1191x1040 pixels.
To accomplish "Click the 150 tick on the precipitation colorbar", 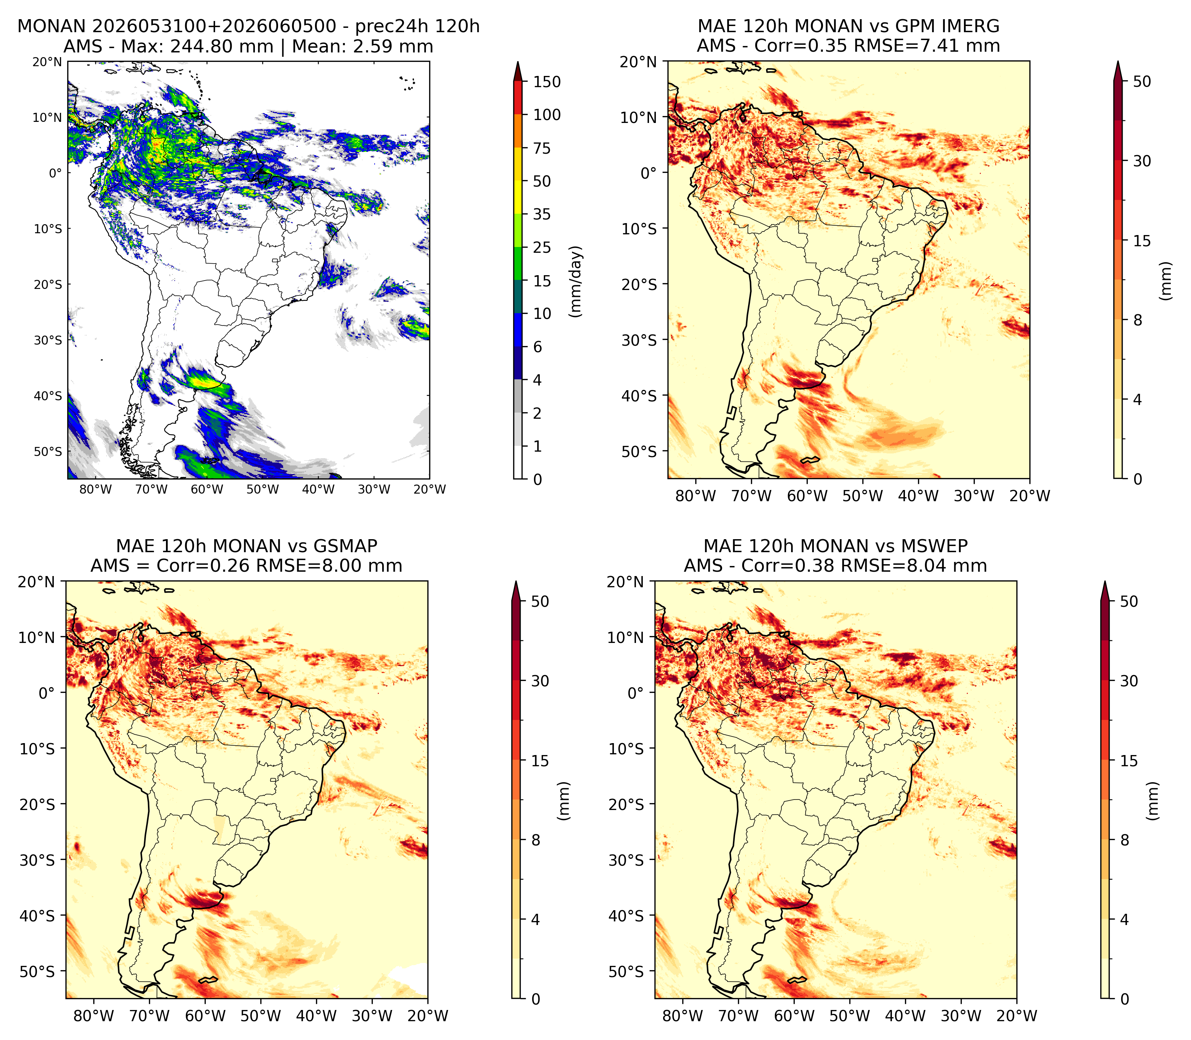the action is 547,82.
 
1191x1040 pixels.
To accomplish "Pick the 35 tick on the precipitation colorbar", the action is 542,214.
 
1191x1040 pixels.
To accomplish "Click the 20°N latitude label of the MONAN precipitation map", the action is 47,62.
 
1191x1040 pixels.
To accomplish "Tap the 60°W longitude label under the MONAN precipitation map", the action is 207,489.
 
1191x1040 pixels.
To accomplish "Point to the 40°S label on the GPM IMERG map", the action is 639,396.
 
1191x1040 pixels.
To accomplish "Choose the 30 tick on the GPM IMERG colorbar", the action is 1142,161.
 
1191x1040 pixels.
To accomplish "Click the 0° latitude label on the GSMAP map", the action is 47,693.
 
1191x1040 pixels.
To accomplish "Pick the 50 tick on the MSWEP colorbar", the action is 1129,602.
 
